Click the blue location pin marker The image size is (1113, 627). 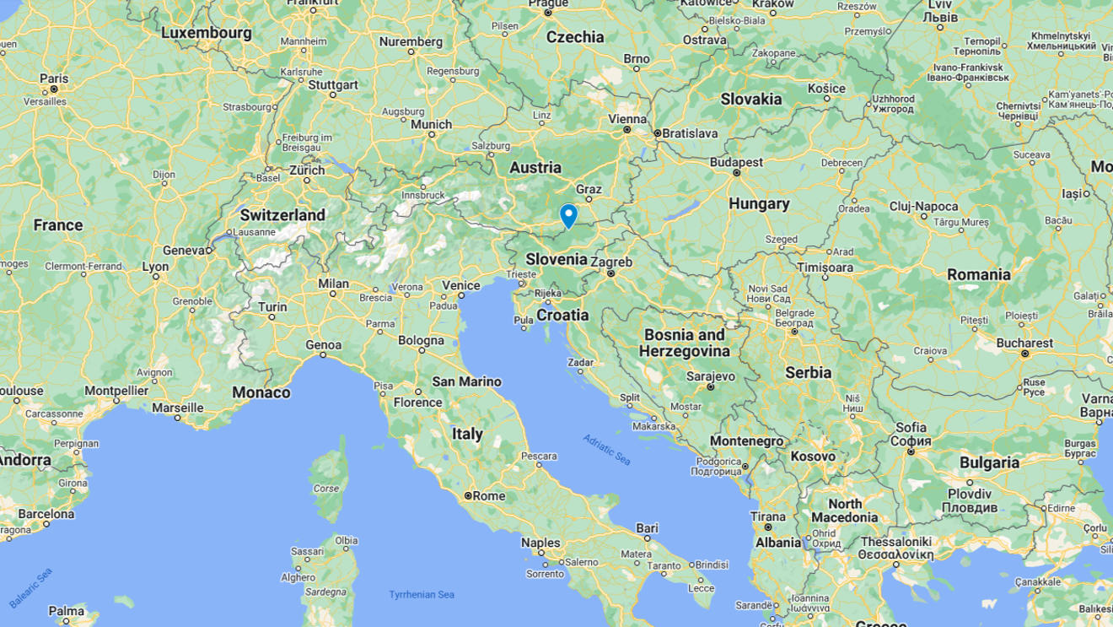pos(568,215)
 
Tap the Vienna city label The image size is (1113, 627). pos(626,119)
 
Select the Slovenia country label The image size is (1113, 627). pos(556,259)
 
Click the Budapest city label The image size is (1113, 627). pos(736,162)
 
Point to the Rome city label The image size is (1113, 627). pos(488,496)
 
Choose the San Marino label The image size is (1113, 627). pos(466,381)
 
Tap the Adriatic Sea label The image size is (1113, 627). pos(606,450)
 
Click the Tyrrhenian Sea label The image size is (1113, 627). pos(422,595)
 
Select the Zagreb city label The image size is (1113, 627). pos(611,262)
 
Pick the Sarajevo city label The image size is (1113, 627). pos(710,376)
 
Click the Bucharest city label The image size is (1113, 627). pos(1024,343)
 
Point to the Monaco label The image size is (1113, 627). pos(261,392)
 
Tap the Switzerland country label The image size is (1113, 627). pos(282,215)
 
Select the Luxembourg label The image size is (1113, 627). pos(206,33)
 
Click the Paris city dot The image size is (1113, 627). pos(54,89)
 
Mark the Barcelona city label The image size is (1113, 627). pos(46,514)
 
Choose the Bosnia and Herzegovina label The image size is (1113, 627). pos(684,343)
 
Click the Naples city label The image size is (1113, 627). pos(540,543)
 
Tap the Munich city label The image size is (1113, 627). pos(432,124)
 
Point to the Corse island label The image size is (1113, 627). pos(326,488)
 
